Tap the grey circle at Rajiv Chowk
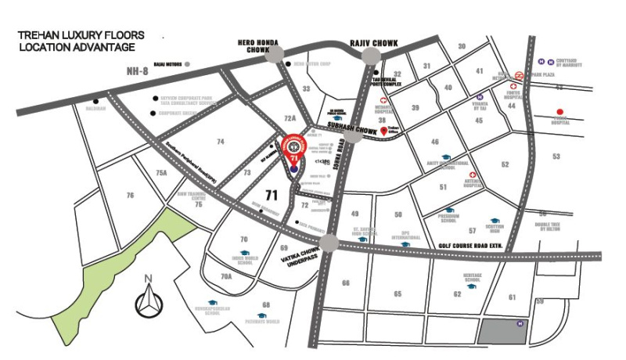point(371,55)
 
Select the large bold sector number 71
point(272,194)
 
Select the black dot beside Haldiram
point(95,101)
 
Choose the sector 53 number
point(556,157)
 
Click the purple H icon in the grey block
point(520,323)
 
